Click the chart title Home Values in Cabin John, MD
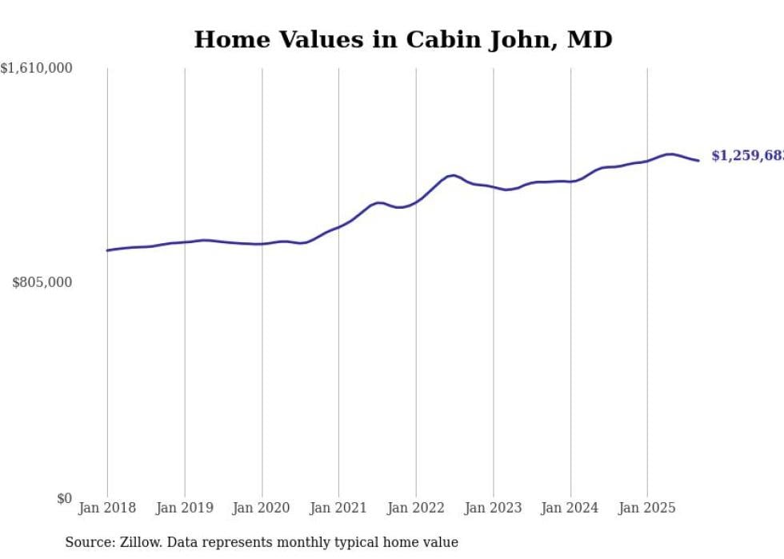(x=403, y=39)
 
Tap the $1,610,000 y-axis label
(x=37, y=69)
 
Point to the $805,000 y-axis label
(x=42, y=282)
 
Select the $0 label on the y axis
(x=64, y=498)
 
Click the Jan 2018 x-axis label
(x=107, y=508)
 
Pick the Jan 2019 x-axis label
(x=185, y=508)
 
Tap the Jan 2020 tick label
(x=262, y=508)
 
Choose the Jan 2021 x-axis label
(x=338, y=508)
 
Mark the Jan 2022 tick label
(x=416, y=508)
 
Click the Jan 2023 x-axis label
(x=493, y=508)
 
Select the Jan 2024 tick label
(x=570, y=508)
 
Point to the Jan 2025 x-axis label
(x=647, y=508)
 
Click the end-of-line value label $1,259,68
(x=747, y=156)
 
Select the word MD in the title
(x=590, y=39)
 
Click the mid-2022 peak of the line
(x=454, y=175)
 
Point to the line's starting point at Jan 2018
(x=107, y=250)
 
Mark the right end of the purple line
(x=698, y=161)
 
